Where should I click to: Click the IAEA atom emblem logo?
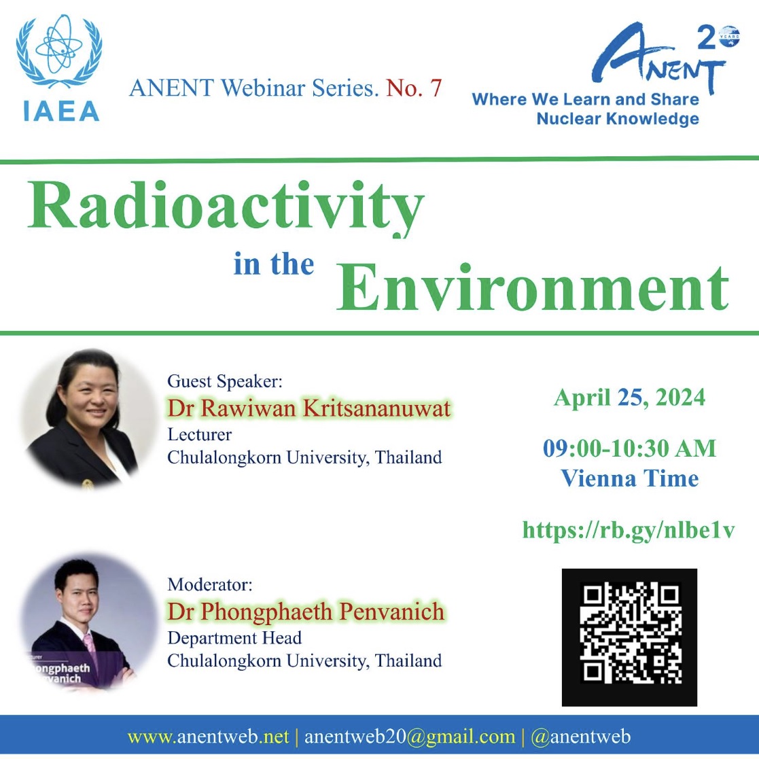click(59, 68)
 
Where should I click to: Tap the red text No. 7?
click(414, 88)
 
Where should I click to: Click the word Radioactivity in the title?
click(226, 208)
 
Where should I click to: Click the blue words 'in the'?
click(274, 264)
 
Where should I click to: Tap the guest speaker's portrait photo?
click(87, 419)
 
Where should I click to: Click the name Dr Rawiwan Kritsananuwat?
click(308, 408)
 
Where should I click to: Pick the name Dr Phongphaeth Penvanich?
click(306, 612)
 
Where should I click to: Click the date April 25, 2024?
click(629, 398)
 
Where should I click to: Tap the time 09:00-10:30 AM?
click(629, 448)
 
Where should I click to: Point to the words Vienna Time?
click(629, 479)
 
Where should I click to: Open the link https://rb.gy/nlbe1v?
click(629, 531)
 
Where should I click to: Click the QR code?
click(629, 637)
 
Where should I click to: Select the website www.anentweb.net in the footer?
click(208, 737)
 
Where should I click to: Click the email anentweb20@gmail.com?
click(410, 737)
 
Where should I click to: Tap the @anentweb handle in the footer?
click(581, 737)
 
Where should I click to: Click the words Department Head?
click(235, 638)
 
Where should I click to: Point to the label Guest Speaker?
click(225, 382)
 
